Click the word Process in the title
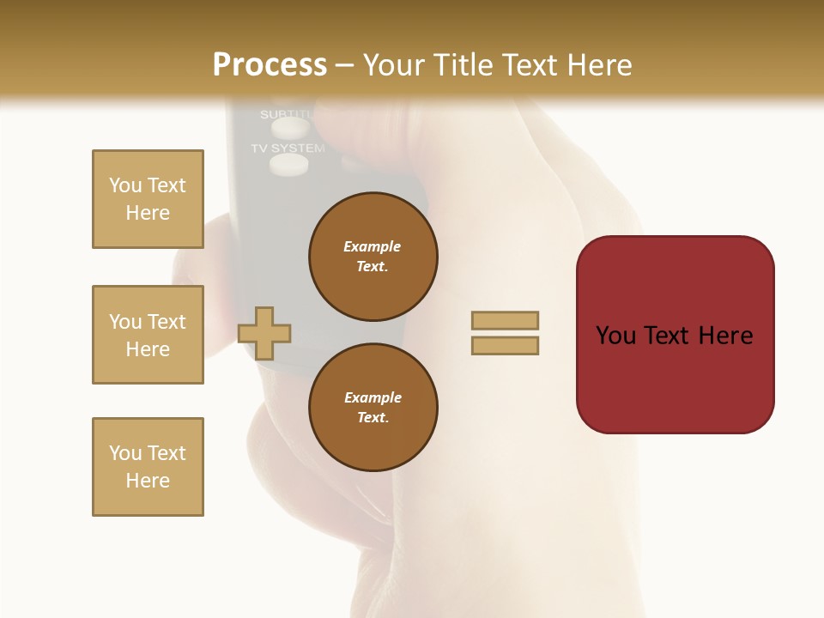(270, 65)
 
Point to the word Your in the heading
(394, 65)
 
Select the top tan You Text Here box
(148, 199)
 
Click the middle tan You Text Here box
(148, 335)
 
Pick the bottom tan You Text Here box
(148, 467)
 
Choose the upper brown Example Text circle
(373, 257)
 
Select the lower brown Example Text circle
(373, 408)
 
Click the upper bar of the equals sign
(505, 320)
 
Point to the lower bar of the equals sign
(505, 346)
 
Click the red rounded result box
(675, 334)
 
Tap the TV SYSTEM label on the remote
(288, 148)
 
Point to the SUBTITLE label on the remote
(288, 114)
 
